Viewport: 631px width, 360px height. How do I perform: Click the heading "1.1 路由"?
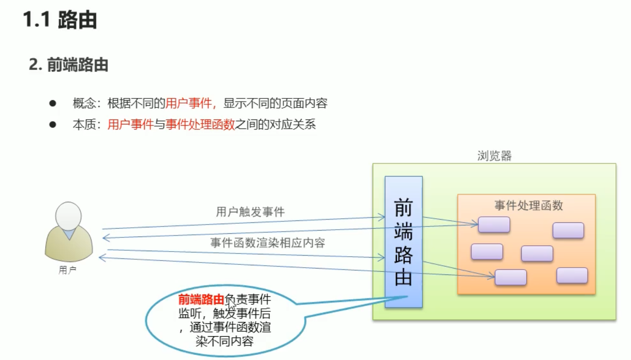(60, 21)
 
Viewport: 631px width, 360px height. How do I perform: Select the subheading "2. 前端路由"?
(69, 65)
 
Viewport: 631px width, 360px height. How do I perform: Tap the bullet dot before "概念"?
(53, 103)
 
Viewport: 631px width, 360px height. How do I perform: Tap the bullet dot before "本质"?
(53, 124)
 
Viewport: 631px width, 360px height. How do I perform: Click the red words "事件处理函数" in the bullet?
(200, 124)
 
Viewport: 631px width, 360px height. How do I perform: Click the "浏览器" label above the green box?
(494, 156)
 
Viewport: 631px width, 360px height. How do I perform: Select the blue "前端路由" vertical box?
(403, 242)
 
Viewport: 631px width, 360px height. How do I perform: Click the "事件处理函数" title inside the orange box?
(529, 206)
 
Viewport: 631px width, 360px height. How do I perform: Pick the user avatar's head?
(69, 216)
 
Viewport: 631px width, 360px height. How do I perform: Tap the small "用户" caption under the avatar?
(68, 270)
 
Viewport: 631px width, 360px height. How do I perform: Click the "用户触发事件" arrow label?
(250, 212)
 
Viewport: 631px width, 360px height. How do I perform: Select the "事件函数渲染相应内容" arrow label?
(267, 243)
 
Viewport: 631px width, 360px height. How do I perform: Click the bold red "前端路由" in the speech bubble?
(201, 300)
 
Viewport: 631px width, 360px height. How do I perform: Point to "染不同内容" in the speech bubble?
(224, 341)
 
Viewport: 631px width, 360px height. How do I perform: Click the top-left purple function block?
(494, 225)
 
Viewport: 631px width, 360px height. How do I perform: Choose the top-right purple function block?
(568, 230)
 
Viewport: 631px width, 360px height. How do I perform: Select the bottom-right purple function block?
(572, 275)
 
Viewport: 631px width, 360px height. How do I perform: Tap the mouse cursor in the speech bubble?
(232, 304)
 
